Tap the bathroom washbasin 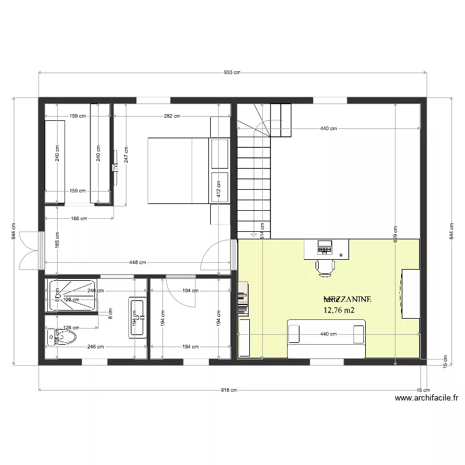click(137, 317)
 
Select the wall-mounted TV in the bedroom click(115, 167)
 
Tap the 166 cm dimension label click(79, 218)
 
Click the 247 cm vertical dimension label click(126, 153)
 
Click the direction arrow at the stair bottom click(254, 235)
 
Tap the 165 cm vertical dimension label click(57, 239)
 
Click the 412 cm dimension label click(218, 183)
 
